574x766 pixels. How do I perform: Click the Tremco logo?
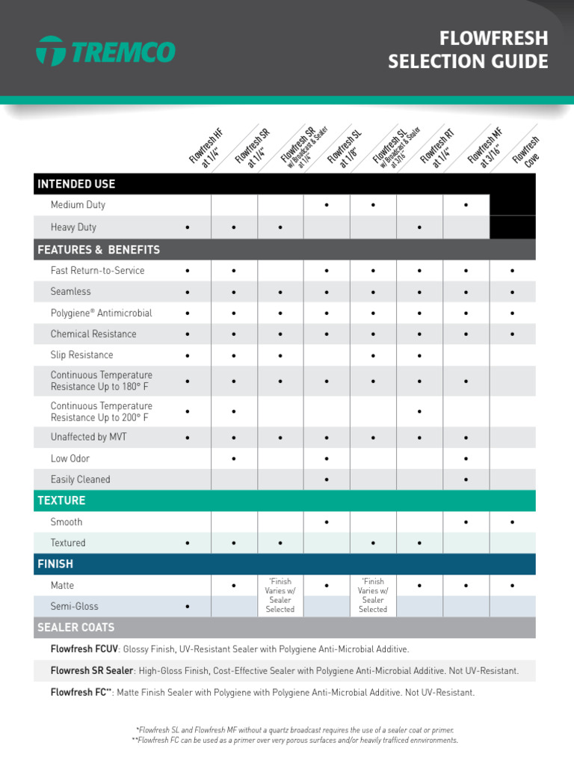[x=105, y=52]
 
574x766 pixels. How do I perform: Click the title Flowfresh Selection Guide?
[x=468, y=50]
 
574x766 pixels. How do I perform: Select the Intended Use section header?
[x=76, y=184]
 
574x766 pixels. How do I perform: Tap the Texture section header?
[x=62, y=500]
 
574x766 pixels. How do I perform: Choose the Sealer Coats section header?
[x=76, y=627]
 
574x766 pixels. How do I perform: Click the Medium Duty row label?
[x=78, y=205]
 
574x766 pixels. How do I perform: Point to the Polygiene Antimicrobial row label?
[x=101, y=313]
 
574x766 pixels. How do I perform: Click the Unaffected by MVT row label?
[x=89, y=437]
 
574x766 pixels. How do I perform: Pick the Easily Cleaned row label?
[x=80, y=479]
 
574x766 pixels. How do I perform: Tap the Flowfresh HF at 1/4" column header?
[x=207, y=147]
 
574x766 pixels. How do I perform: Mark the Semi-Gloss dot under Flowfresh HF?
[x=188, y=607]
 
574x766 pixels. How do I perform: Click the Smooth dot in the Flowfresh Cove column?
[x=513, y=522]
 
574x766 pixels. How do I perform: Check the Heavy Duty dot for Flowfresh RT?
[x=420, y=227]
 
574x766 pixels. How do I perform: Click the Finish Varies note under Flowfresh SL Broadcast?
[x=373, y=595]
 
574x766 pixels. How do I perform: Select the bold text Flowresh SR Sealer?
[x=92, y=671]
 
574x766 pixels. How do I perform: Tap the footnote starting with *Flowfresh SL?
[x=294, y=729]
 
